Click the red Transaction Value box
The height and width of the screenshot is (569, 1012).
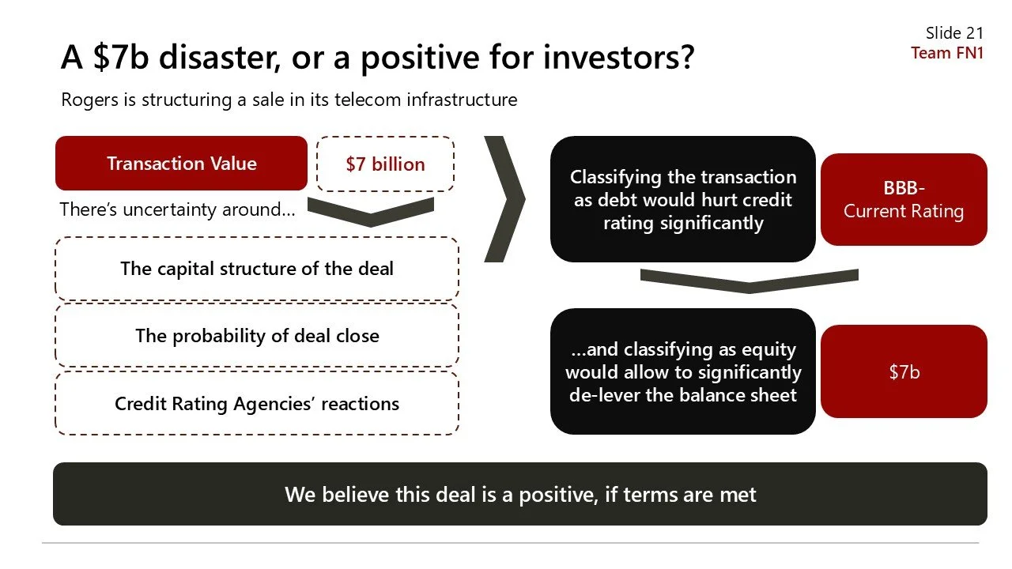point(181,164)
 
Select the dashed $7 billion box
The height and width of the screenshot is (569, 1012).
point(385,164)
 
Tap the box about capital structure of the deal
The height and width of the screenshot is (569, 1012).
point(256,269)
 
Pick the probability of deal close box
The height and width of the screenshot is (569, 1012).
point(256,336)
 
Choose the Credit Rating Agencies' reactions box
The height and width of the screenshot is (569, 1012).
point(256,404)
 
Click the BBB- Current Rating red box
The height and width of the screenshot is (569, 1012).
point(904,200)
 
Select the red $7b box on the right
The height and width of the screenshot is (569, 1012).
point(904,371)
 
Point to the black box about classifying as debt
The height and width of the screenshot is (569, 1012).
point(682,199)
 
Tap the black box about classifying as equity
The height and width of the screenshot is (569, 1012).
point(682,371)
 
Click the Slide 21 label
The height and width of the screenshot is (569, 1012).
point(954,32)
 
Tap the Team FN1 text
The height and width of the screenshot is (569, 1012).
point(946,53)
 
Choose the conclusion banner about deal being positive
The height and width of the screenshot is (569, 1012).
point(519,495)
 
